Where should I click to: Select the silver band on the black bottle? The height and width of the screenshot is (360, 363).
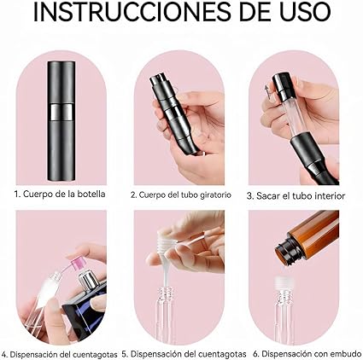pos(61,111)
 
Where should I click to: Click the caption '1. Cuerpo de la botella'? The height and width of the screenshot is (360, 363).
pos(60,195)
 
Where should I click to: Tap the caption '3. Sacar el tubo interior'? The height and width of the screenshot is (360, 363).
pos(296,195)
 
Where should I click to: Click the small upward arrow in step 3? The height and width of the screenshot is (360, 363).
pos(267,91)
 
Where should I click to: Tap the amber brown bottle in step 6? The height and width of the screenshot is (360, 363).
pos(309,237)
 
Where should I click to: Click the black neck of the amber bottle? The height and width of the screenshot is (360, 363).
pos(287,251)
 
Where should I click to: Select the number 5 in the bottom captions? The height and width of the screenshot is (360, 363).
pos(125,354)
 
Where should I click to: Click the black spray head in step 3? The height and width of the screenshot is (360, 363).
pos(281,84)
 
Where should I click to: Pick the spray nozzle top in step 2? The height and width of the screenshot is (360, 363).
pos(158,81)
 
